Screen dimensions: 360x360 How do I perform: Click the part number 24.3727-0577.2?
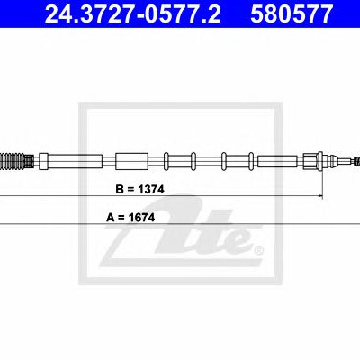point(133,13)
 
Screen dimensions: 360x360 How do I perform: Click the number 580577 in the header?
point(292,13)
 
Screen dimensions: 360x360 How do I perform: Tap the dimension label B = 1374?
point(140,190)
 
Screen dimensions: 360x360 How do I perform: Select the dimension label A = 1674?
point(130,218)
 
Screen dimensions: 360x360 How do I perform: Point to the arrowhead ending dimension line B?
point(320,196)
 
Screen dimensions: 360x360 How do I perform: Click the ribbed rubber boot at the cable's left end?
point(12,161)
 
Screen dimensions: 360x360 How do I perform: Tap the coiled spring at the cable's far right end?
point(356,161)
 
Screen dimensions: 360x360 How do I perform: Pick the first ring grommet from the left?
point(166,161)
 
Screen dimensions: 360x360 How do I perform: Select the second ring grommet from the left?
point(193,161)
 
